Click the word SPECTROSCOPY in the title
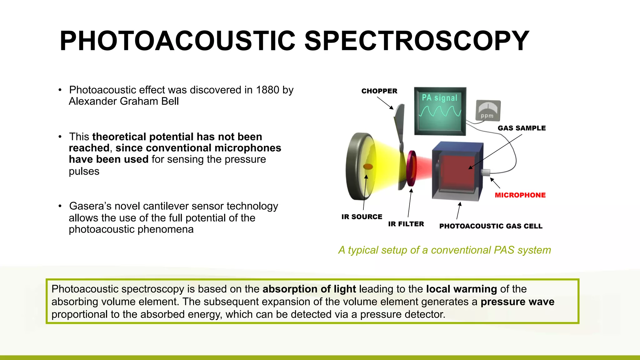[416, 41]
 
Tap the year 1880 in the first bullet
[267, 90]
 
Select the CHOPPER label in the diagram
[379, 91]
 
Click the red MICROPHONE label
[520, 195]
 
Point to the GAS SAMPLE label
[522, 128]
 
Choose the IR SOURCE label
[362, 217]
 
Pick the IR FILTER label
[406, 224]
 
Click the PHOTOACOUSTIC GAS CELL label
[491, 226]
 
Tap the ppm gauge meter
[488, 110]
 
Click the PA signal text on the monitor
[439, 98]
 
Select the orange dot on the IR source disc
[368, 167]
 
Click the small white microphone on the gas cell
[486, 172]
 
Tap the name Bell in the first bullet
[170, 102]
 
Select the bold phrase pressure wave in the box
[517, 302]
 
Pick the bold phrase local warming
[461, 289]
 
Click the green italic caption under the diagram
[444, 250]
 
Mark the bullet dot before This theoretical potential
[60, 137]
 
